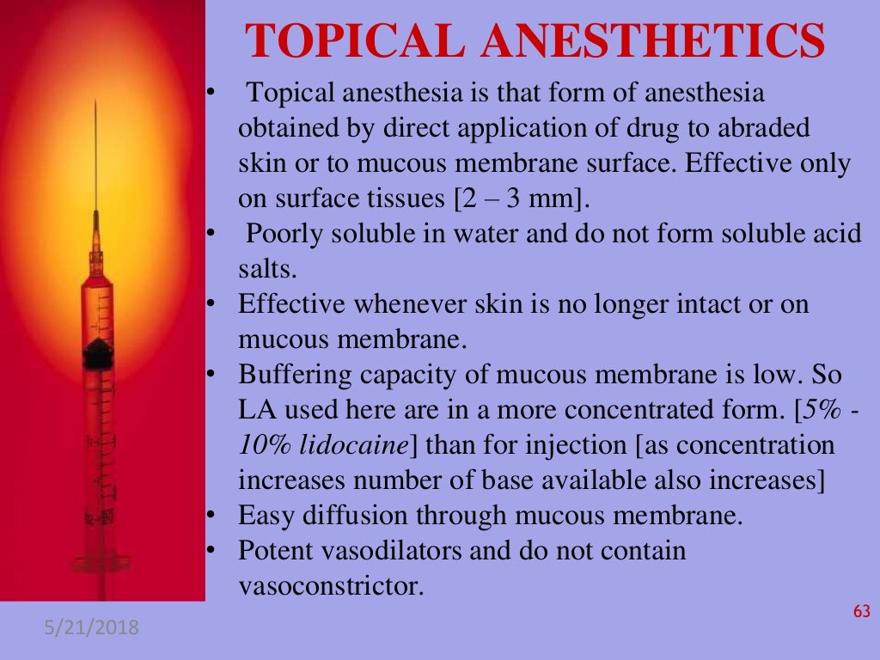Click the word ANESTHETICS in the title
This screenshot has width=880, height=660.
pyautogui.click(x=640, y=43)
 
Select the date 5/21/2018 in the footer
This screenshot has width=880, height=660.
pyautogui.click(x=91, y=630)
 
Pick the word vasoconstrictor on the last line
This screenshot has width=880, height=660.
pyautogui.click(x=331, y=586)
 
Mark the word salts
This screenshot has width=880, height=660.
pyautogui.click(x=266, y=270)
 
